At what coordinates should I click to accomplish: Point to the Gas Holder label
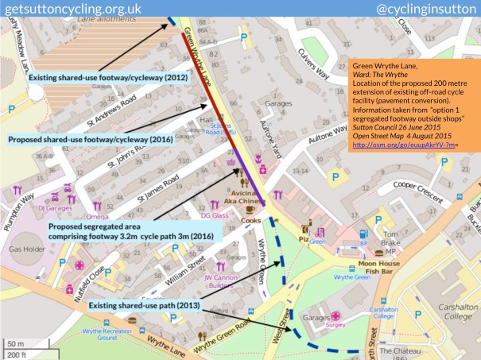click(23, 247)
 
